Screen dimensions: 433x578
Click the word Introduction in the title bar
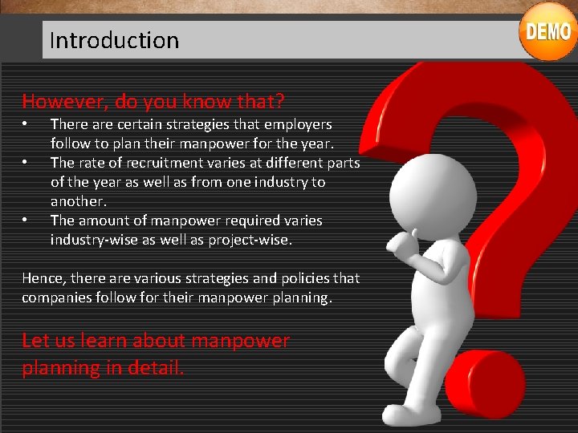[x=114, y=40]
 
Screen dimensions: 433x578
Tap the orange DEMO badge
[x=548, y=32]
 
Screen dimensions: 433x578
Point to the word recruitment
[x=147, y=163]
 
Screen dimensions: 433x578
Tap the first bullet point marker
[x=26, y=124]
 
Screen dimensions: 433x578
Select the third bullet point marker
[x=26, y=221]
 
